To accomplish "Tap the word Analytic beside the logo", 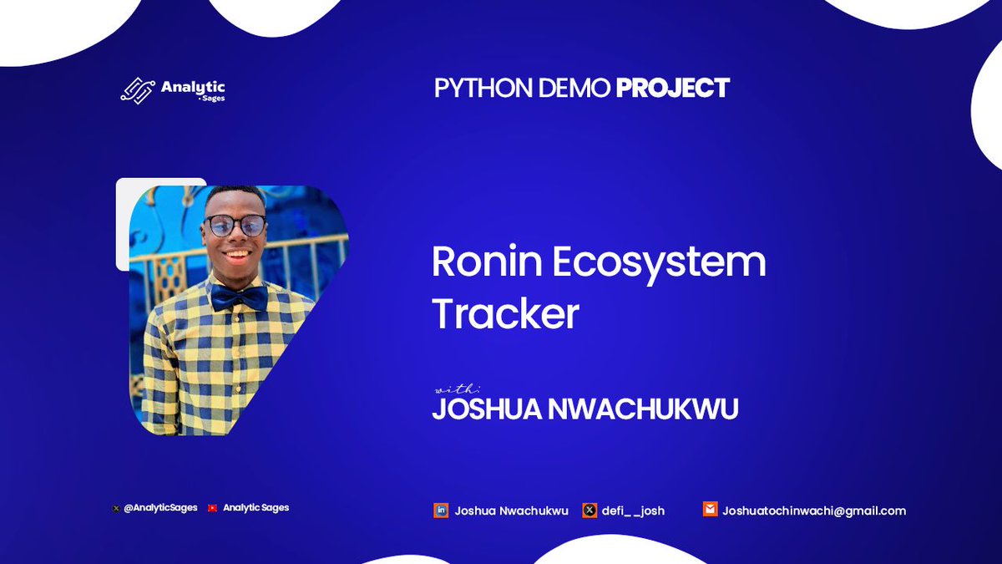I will [193, 86].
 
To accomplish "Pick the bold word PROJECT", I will [673, 88].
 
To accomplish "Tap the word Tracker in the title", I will [505, 315].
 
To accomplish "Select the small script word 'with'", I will [457, 389].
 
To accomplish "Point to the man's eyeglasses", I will [236, 226].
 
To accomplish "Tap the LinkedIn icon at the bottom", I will [441, 510].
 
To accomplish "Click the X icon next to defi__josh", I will [590, 510].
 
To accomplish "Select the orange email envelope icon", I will [710, 510].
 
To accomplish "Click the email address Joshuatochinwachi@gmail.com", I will [814, 511].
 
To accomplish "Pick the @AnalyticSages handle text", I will [160, 507].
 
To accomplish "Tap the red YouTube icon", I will [213, 507].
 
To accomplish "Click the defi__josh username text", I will [633, 511].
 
